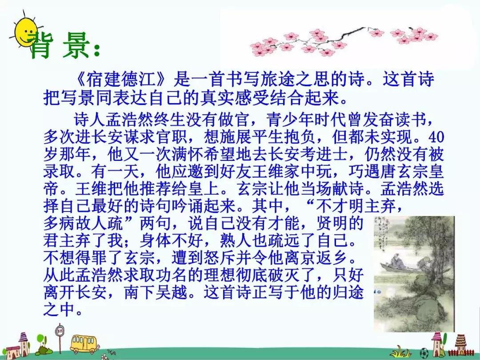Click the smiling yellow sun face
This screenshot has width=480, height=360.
(26, 31)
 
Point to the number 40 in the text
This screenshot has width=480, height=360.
(436, 137)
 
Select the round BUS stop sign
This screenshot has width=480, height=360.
(60, 331)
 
